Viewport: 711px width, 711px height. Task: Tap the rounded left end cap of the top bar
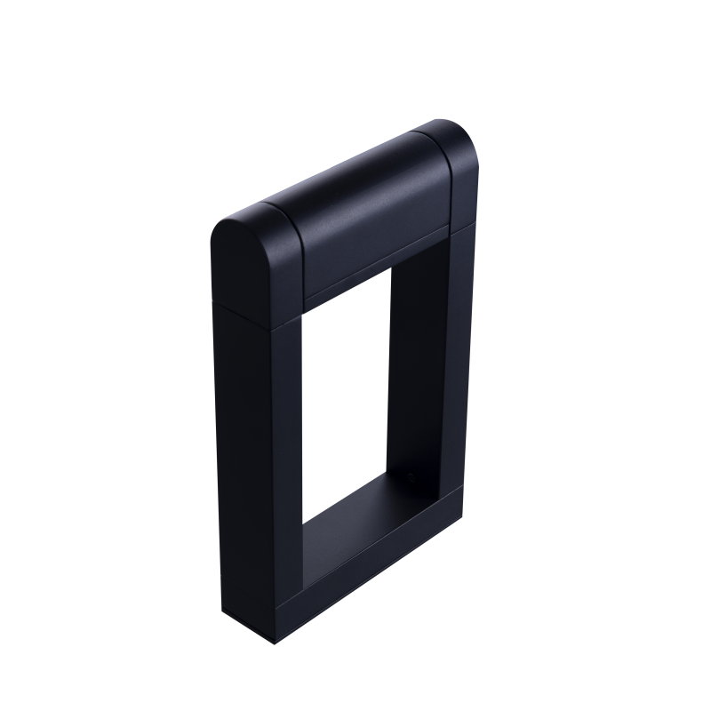coord(245,262)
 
